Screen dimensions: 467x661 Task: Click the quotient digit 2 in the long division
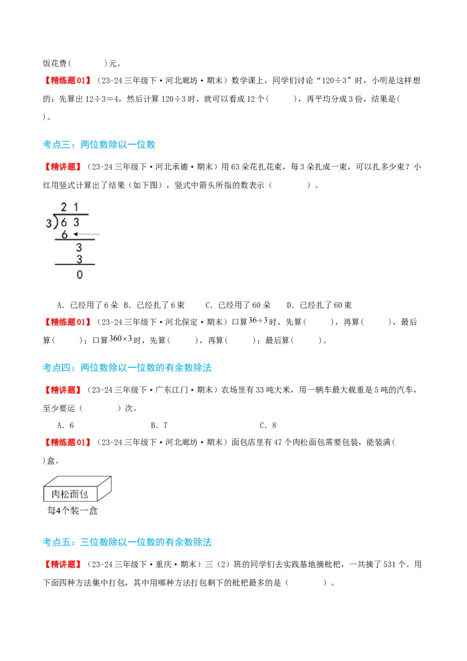pyautogui.click(x=64, y=206)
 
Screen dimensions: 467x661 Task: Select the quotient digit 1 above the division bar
pyautogui.click(x=76, y=206)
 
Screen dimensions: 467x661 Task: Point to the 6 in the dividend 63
pyautogui.click(x=64, y=222)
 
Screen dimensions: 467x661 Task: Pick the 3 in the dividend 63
pyautogui.click(x=76, y=222)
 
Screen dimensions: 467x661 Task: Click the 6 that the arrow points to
pyautogui.click(x=64, y=235)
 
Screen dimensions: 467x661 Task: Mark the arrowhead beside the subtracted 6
pyautogui.click(x=75, y=235)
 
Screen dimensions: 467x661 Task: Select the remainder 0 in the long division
pyautogui.click(x=79, y=274)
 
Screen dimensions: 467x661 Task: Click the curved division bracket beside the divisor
pyautogui.click(x=54, y=222)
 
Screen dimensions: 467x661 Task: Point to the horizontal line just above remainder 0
pyautogui.click(x=75, y=265)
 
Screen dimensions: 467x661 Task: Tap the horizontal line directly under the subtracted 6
pyautogui.click(x=75, y=240)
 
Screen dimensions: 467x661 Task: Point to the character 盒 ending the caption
pyautogui.click(x=93, y=510)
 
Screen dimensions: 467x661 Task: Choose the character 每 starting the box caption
pyautogui.click(x=51, y=510)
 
